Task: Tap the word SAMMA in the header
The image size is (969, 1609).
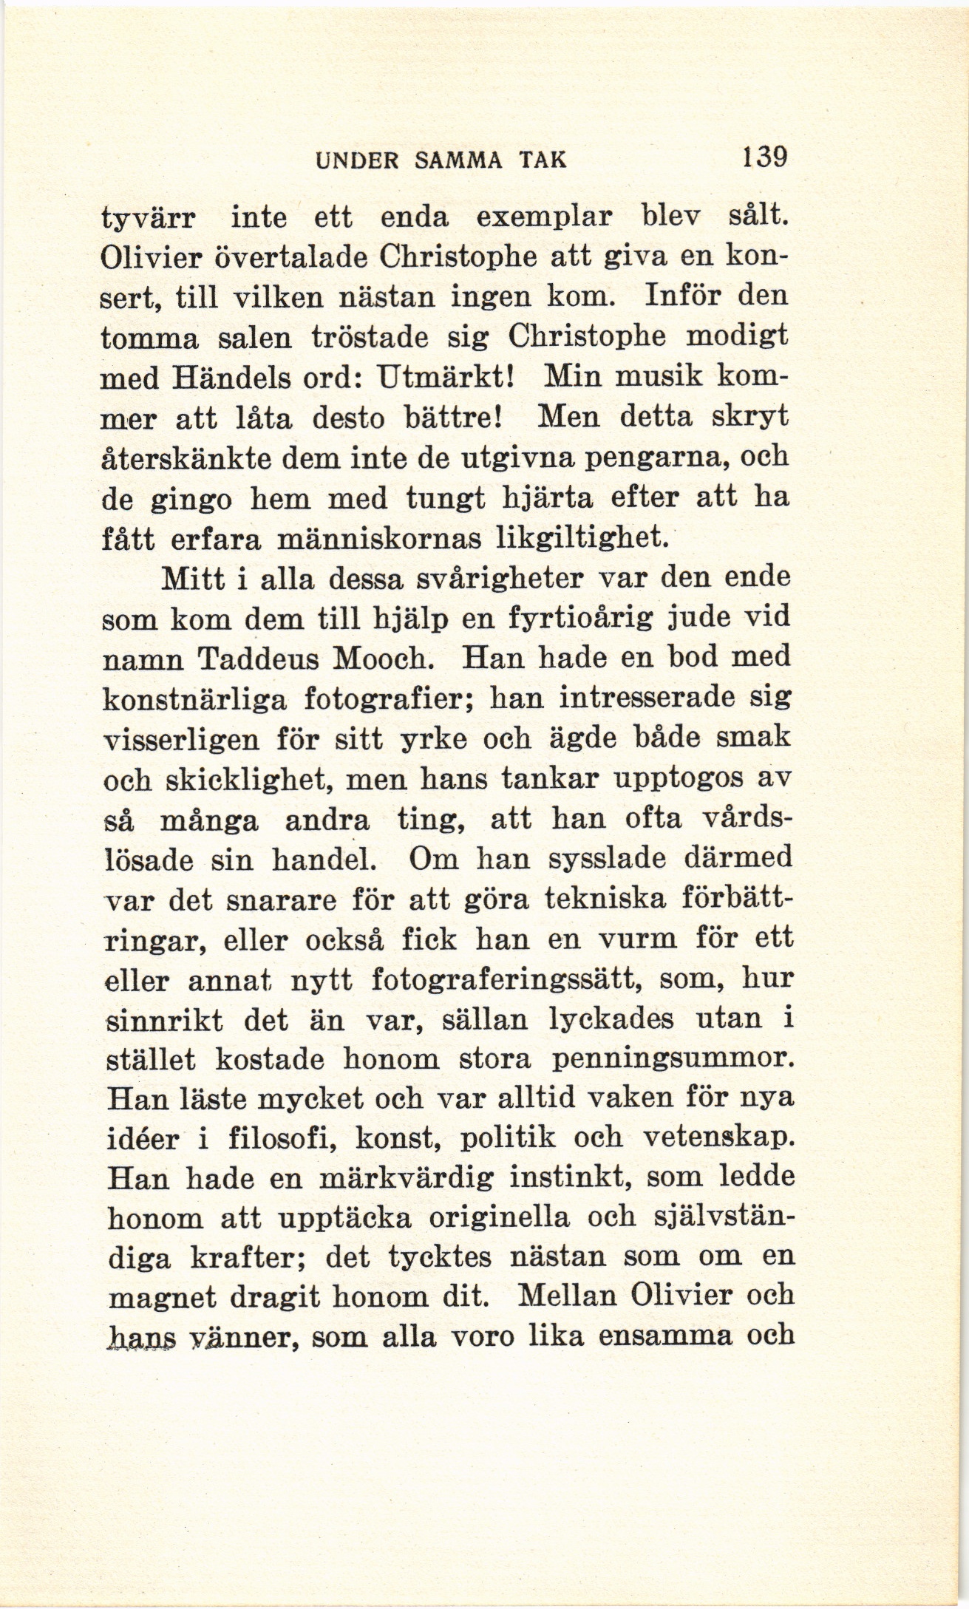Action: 458,160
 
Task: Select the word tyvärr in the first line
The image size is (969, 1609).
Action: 147,220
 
